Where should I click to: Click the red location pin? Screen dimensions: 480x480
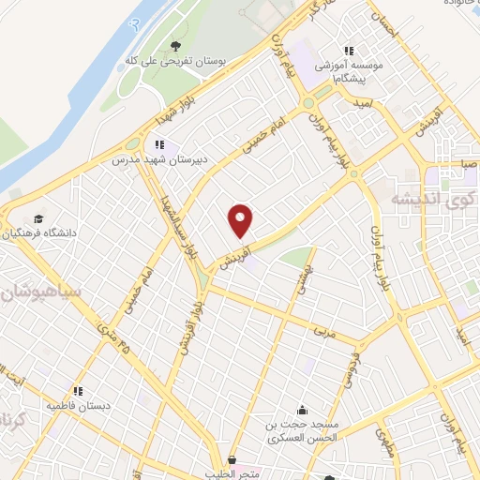242,220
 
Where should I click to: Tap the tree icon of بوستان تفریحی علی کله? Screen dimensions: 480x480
175,46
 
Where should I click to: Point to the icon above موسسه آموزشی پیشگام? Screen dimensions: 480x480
349,51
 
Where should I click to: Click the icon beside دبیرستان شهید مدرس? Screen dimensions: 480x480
159,144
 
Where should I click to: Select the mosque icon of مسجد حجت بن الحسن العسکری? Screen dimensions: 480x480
302,410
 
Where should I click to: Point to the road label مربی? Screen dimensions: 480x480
322,332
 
